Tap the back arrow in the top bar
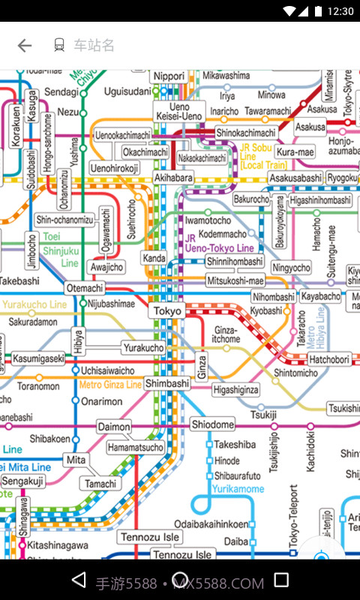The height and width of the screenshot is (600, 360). click(x=25, y=46)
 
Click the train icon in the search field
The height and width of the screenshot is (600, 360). click(x=59, y=46)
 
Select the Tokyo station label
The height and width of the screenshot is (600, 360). click(x=167, y=310)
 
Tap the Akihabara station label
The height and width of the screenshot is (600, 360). click(x=173, y=178)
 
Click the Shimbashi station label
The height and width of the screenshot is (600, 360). click(x=167, y=383)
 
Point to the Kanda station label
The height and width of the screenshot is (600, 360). click(x=154, y=259)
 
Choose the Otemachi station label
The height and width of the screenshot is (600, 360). click(x=85, y=288)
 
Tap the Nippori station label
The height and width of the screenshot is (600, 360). click(x=169, y=76)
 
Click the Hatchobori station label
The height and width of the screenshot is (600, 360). click(x=329, y=360)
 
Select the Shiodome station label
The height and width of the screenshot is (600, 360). click(x=212, y=424)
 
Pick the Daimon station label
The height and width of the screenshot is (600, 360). click(x=113, y=427)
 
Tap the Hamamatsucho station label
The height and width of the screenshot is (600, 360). click(x=136, y=448)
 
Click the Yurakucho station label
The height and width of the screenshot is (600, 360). click(x=143, y=348)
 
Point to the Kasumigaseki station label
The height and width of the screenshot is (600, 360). click(x=38, y=359)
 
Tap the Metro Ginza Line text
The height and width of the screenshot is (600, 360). click(x=110, y=385)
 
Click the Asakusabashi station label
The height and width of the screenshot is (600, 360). click(x=295, y=178)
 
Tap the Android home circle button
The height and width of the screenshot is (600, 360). click(x=180, y=580)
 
